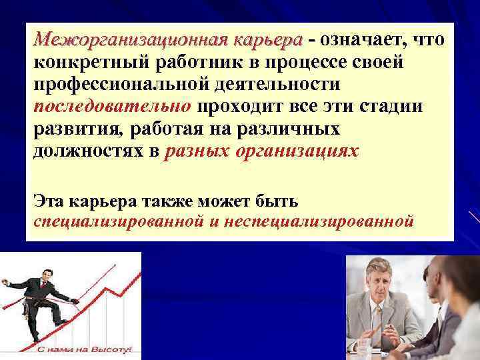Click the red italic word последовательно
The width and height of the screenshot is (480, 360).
(112, 107)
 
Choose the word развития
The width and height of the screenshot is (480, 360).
(73, 129)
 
